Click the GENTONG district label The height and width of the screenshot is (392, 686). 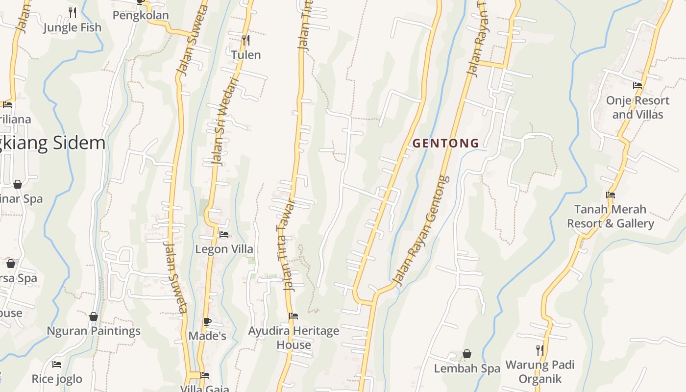point(445,143)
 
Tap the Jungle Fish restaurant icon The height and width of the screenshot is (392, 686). point(73,12)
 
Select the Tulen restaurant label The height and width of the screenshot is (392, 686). point(246,55)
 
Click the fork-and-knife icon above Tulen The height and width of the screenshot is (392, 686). point(246,39)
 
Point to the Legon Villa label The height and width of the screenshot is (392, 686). point(224,249)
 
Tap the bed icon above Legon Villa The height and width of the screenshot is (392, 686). point(224,234)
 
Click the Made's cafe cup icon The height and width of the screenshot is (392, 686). point(207,321)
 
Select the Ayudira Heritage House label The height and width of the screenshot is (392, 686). point(294,338)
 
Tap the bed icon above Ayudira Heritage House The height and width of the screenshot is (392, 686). point(294,316)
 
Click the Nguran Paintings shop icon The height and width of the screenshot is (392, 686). point(94,317)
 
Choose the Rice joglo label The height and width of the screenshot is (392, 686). point(57,379)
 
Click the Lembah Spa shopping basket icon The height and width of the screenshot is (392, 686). point(467,354)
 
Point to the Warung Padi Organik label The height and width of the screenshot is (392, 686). point(539,372)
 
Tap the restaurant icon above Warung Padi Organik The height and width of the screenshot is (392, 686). point(539,350)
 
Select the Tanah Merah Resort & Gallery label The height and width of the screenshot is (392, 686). point(611,217)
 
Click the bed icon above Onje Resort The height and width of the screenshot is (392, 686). point(637,85)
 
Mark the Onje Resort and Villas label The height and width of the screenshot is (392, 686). point(637,107)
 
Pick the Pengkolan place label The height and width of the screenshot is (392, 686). point(141,15)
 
